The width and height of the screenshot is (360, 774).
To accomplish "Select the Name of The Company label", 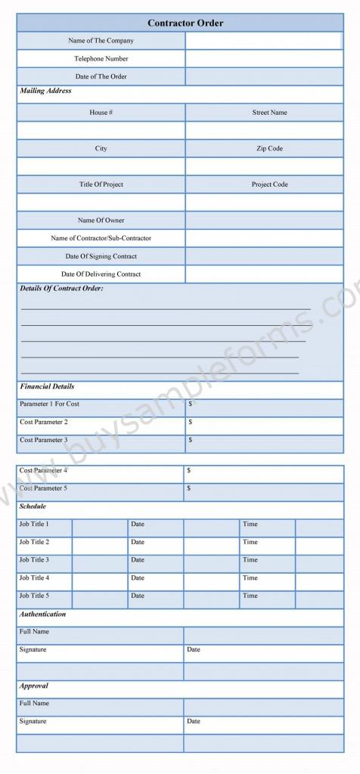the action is [101, 41].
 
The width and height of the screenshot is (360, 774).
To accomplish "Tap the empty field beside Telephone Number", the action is [264, 58].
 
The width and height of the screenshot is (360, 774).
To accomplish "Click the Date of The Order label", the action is [101, 76].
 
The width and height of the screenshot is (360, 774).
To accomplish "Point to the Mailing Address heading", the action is [45, 91].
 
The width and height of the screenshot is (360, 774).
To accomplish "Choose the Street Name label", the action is [269, 113].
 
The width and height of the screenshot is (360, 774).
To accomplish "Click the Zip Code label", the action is [269, 148].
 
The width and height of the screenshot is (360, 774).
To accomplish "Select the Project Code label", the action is [269, 184].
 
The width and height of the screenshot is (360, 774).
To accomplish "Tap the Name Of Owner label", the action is [101, 221].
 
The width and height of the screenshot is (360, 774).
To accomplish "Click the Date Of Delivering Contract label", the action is [101, 274].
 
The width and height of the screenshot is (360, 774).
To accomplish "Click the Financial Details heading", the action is [47, 387].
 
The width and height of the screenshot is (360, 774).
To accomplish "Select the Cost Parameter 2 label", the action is [43, 422].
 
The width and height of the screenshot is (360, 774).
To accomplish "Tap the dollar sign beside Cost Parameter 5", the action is [189, 488].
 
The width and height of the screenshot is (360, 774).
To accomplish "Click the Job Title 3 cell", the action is [34, 560].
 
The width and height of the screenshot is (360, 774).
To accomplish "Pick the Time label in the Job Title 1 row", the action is [250, 524].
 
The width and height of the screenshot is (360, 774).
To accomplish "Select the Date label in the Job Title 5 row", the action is [137, 596].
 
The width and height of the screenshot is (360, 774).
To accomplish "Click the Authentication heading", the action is [42, 615].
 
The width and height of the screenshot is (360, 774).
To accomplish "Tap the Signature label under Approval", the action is [33, 721].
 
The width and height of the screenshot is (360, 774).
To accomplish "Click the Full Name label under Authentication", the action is [34, 631].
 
